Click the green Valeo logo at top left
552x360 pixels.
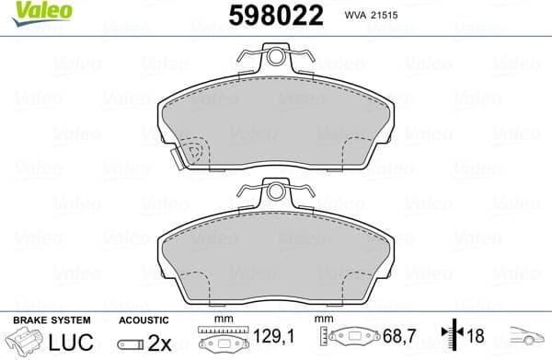pyautogui.click(x=30, y=11)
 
